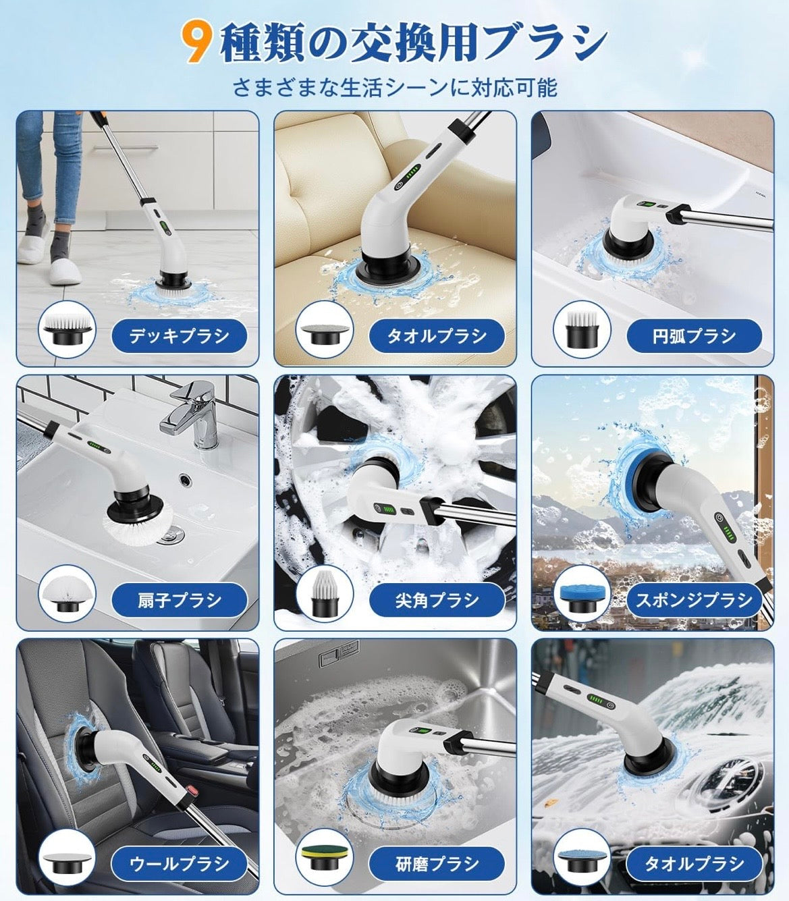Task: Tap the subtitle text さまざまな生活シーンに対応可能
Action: pos(395,88)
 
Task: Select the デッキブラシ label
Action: pos(179,335)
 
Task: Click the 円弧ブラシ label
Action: pos(694,335)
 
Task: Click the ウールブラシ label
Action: pos(179,863)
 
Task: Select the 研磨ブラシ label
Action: pos(437,863)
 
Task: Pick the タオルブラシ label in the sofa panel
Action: pos(437,335)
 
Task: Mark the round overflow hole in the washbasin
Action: pos(184,479)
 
